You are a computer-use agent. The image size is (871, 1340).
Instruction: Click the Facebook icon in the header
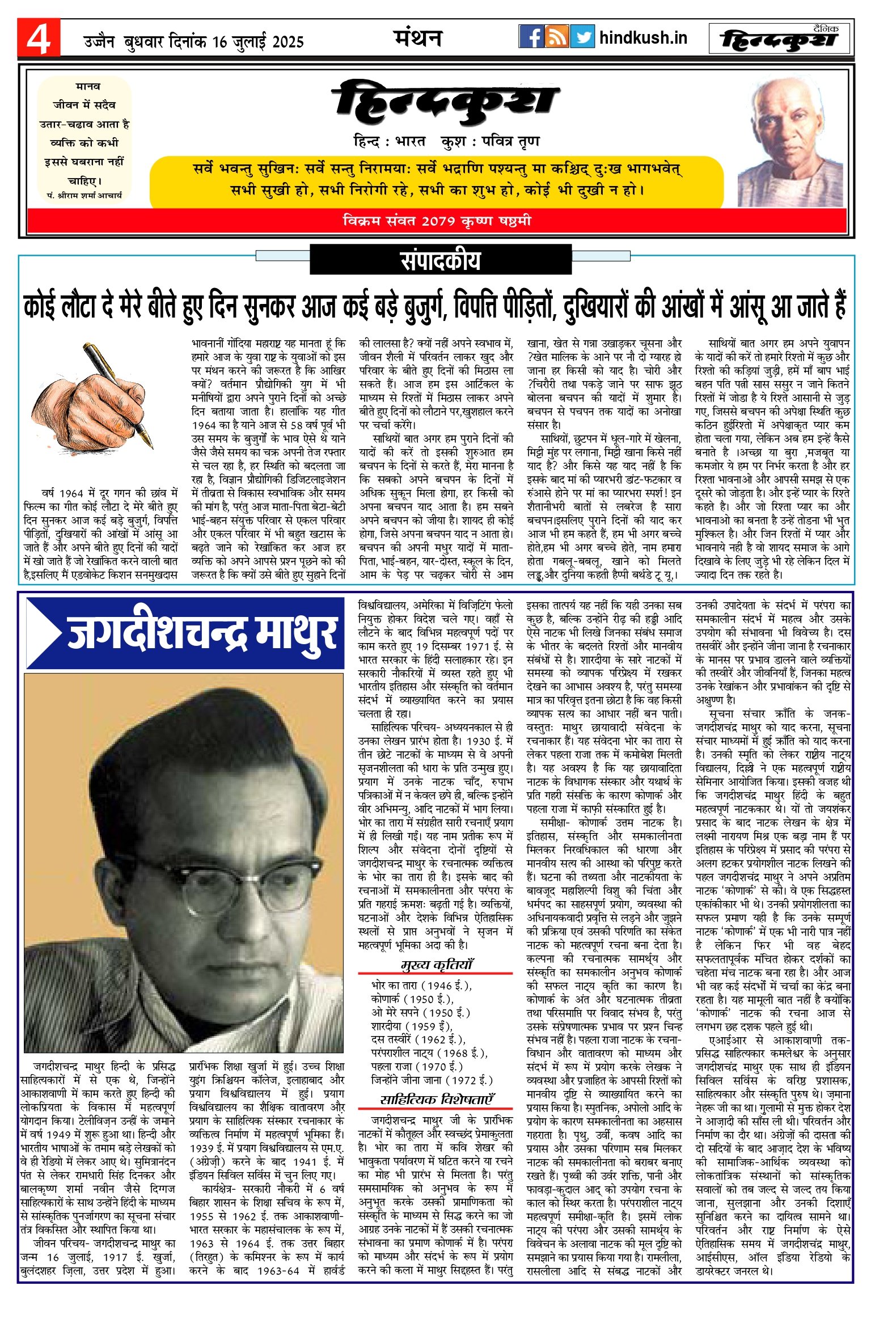pyautogui.click(x=531, y=37)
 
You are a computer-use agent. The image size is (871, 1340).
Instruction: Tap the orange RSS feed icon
pyautogui.click(x=557, y=37)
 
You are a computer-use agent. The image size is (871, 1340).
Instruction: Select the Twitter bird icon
pyautogui.click(x=582, y=37)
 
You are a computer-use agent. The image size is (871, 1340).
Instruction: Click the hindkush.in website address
pyautogui.click(x=643, y=38)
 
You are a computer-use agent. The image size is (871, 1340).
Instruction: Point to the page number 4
pyautogui.click(x=39, y=38)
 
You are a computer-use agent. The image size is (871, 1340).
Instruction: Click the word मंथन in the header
pyautogui.click(x=418, y=38)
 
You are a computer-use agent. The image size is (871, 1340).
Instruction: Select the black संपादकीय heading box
pyautogui.click(x=441, y=260)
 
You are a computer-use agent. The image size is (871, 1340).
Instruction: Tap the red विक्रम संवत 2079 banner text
pyautogui.click(x=437, y=221)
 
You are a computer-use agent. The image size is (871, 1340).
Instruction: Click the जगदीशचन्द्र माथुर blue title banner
pyautogui.click(x=185, y=633)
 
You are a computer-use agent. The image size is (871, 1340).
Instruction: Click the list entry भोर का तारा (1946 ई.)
pyautogui.click(x=421, y=986)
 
